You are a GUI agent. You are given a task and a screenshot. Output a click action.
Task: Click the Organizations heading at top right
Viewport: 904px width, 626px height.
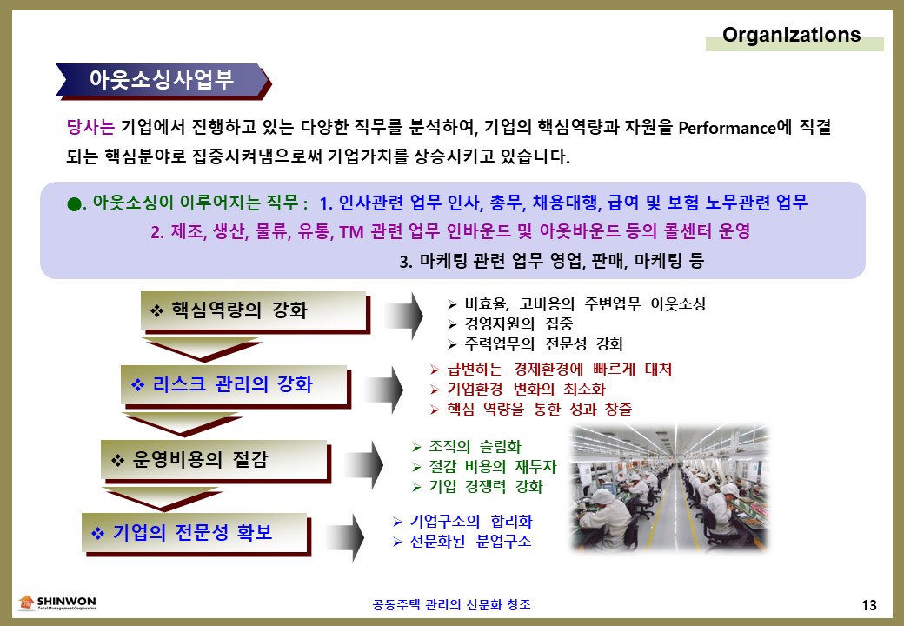[791, 35]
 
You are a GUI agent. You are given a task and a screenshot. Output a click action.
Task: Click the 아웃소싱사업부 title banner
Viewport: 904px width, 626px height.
[163, 81]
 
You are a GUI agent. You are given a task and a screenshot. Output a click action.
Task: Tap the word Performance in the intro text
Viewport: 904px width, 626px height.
[727, 128]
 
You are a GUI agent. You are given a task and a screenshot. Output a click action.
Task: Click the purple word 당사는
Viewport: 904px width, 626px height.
[90, 127]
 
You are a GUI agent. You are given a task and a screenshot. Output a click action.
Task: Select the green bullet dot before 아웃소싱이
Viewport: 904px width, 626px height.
[75, 204]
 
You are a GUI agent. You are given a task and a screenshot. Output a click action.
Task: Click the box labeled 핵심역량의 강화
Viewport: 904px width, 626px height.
[254, 312]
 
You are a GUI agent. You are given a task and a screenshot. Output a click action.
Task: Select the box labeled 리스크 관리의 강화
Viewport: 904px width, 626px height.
[236, 386]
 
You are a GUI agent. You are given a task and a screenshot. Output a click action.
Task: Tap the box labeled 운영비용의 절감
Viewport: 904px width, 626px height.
[216, 461]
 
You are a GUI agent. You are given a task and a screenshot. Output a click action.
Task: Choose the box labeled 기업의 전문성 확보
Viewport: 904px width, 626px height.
[196, 534]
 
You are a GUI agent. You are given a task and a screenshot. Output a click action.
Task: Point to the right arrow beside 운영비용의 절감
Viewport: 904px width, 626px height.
[364, 465]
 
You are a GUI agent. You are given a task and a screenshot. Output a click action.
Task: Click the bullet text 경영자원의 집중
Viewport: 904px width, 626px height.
[518, 324]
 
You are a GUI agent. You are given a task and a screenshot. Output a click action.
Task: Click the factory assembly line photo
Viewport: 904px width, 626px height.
[670, 489]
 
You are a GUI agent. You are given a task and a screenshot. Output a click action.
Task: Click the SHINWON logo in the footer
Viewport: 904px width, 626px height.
[57, 603]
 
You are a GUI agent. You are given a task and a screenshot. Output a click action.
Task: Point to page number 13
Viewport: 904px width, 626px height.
[869, 604]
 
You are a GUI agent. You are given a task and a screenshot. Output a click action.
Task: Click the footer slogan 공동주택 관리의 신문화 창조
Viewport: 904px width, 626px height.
[451, 604]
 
